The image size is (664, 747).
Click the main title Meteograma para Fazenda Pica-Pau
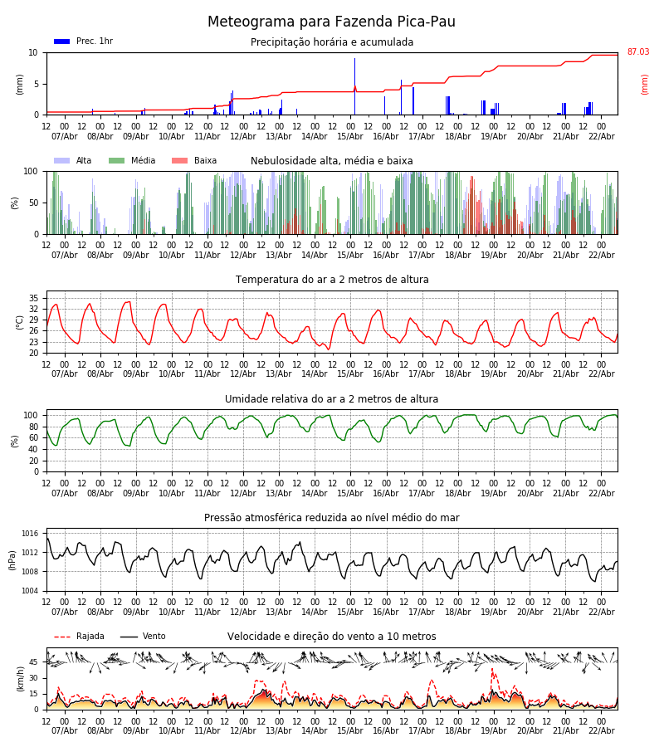pos(331,22)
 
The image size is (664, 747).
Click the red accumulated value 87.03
pos(637,52)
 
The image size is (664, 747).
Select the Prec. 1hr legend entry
pos(83,41)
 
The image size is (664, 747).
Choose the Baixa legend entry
pos(194,161)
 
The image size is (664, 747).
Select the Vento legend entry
pos(143,637)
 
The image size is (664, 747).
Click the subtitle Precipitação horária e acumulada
pos(332,42)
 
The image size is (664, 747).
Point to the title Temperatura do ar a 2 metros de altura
pos(332,280)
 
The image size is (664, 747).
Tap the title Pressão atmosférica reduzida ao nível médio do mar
pos(332,518)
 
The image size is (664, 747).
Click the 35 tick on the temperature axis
pos(33,298)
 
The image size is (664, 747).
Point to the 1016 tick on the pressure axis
pos(31,534)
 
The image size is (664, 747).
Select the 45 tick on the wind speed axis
pos(33,662)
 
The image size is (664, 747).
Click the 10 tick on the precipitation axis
pos(33,52)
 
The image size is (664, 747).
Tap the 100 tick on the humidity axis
pos(31,415)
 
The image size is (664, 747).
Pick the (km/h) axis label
pos(20,678)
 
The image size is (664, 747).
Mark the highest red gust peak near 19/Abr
pos(492,669)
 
